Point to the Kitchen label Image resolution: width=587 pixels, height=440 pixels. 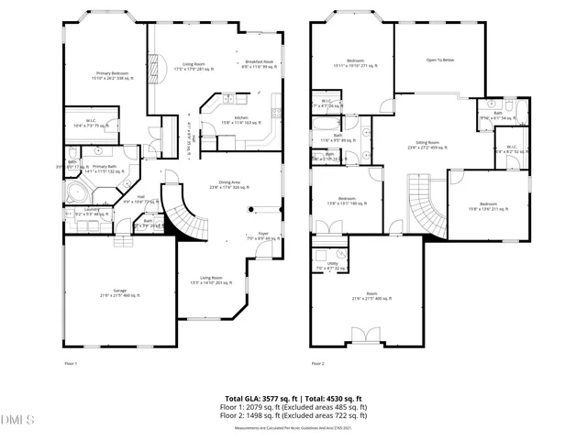point(241,119)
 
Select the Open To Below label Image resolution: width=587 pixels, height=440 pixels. point(441,61)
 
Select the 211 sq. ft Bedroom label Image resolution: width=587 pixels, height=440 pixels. point(489,205)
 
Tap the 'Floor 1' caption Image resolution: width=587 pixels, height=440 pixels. point(70,364)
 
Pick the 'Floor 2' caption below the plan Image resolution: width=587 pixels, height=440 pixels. point(317,364)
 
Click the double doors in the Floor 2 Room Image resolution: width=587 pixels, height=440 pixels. point(365,335)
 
